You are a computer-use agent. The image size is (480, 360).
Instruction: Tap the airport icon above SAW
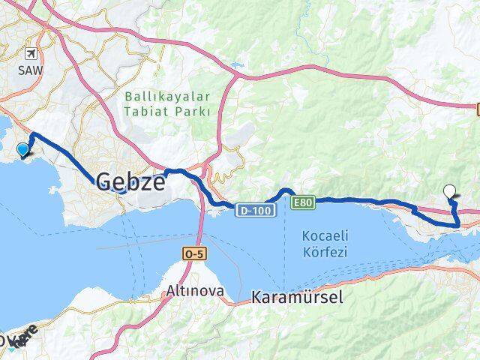click(31, 54)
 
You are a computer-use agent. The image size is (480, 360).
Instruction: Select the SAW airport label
click(31, 70)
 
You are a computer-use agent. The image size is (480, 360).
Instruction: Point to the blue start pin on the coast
click(23, 150)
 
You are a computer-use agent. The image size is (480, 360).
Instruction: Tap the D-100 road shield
click(256, 211)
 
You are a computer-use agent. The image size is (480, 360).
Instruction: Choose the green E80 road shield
click(303, 202)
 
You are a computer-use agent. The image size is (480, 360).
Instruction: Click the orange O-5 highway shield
click(193, 254)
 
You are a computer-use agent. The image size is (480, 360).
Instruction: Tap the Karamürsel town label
click(298, 297)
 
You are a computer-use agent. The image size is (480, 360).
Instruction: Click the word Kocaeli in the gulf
click(325, 235)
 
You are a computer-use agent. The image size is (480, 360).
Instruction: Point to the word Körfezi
click(325, 252)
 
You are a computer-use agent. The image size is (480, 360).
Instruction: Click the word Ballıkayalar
click(167, 96)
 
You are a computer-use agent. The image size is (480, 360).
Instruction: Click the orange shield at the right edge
click(477, 109)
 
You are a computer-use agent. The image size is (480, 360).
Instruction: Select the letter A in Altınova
click(172, 289)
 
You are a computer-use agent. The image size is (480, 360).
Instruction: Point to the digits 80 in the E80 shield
click(306, 202)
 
